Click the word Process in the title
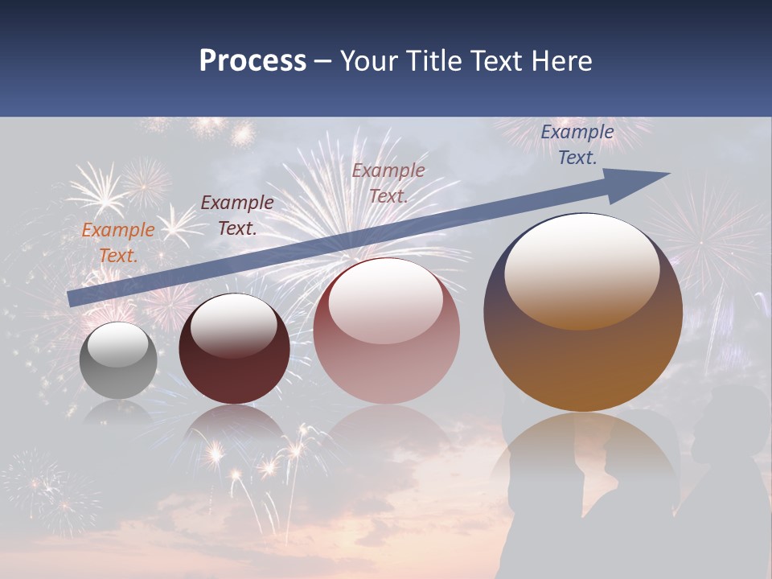[253, 60]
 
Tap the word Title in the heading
[433, 60]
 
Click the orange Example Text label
[118, 242]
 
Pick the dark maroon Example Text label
[237, 215]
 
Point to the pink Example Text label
[388, 183]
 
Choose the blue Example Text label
[577, 145]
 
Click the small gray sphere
[118, 370]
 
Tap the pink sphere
[386, 354]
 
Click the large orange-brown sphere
[583, 354]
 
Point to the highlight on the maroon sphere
[233, 326]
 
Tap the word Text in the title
[496, 60]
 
